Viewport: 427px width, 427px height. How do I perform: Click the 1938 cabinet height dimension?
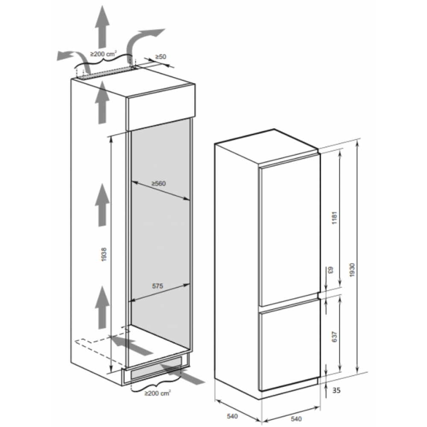[104, 254]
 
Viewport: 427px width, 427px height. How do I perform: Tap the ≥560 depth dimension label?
[158, 184]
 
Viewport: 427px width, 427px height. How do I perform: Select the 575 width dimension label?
[158, 286]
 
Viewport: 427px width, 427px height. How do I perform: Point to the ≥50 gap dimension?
[161, 57]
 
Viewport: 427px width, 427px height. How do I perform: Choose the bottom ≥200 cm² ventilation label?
[158, 393]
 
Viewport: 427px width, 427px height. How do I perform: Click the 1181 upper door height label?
[335, 218]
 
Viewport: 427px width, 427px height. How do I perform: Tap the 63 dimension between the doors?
[330, 270]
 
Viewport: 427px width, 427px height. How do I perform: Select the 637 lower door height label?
[335, 336]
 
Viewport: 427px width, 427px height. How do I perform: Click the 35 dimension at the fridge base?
[336, 390]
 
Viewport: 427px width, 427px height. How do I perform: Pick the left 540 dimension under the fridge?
[232, 416]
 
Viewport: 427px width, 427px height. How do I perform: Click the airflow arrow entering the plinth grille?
[181, 375]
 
